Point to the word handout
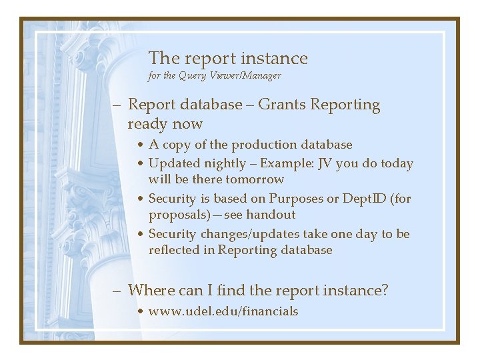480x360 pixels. coord(271,215)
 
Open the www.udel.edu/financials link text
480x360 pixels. coord(223,311)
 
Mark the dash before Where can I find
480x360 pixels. coord(117,291)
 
